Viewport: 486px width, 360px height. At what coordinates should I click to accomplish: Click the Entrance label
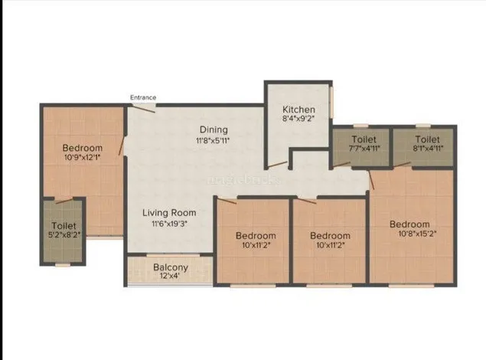tap(143, 97)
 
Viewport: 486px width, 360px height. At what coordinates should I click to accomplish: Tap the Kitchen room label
tap(298, 110)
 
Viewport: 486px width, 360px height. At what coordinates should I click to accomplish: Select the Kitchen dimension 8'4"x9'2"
tap(298, 120)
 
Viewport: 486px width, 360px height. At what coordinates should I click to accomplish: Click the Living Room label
tap(169, 212)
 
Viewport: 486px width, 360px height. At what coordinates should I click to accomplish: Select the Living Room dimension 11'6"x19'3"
tap(169, 223)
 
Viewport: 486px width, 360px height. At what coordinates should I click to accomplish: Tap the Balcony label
tap(171, 267)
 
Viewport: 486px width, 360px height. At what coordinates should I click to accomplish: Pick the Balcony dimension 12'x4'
tap(171, 277)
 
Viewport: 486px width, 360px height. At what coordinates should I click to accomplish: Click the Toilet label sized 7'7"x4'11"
tap(364, 139)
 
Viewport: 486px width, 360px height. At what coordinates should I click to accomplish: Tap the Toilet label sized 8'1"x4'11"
tap(427, 139)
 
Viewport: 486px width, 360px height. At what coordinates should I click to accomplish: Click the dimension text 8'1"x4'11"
tap(427, 150)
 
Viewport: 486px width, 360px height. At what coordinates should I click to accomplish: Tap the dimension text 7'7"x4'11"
tap(364, 150)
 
